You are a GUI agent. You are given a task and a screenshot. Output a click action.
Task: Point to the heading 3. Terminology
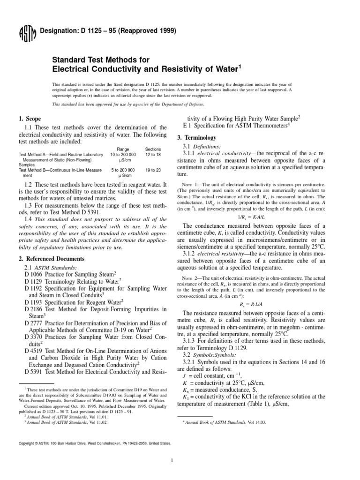tap(196, 138)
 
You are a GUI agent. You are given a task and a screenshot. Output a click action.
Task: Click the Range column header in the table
tap(123, 148)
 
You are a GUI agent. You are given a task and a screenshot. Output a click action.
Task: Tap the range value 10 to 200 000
tap(123, 154)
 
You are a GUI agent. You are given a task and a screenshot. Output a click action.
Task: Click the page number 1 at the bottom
tap(180, 460)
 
